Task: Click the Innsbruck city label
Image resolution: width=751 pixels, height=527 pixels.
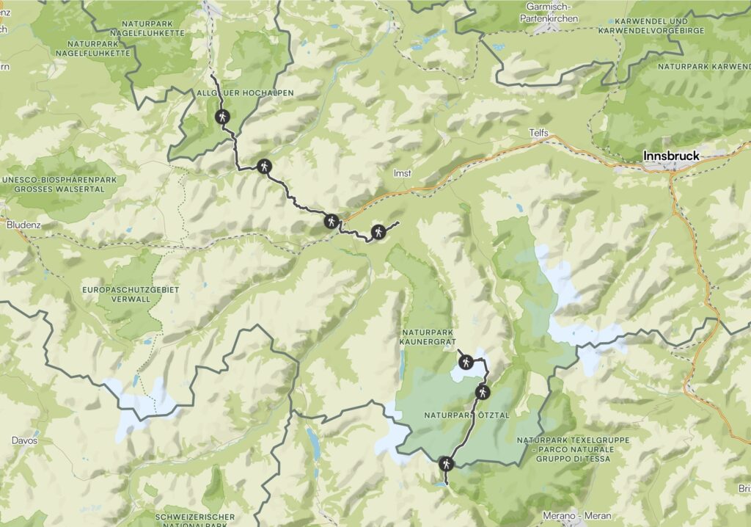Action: [x=671, y=156]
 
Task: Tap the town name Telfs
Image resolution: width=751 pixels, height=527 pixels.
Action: [x=538, y=132]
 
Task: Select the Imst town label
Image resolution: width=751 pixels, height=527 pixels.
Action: [x=401, y=174]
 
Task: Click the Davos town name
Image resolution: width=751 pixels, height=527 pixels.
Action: [x=23, y=441]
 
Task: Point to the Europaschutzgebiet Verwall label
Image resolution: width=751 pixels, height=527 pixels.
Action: [x=131, y=294]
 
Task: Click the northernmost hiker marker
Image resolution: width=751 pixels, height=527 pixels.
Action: [x=221, y=117]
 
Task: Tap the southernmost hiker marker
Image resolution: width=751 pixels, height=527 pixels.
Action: [x=446, y=463]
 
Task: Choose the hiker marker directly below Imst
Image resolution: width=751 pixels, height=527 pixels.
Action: [x=378, y=232]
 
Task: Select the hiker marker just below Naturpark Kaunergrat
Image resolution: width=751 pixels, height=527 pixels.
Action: [x=465, y=360]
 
